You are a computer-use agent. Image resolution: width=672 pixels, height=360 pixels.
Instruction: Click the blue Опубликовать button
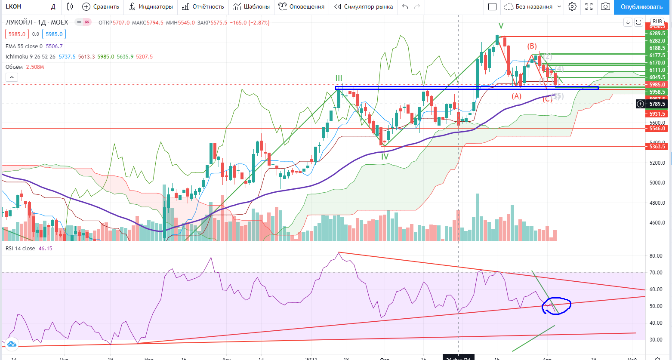click(x=641, y=6)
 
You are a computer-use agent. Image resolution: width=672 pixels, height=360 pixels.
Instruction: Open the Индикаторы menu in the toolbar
click(x=151, y=6)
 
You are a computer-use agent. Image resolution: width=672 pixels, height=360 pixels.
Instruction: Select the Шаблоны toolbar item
click(x=252, y=6)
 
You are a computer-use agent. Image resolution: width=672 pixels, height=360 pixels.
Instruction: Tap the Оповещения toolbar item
click(x=302, y=6)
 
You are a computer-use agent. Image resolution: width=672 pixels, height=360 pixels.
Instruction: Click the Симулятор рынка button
click(x=364, y=6)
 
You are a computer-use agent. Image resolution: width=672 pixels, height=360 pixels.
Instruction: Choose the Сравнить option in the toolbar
click(x=101, y=6)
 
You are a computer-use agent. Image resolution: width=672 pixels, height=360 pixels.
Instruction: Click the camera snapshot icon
click(x=605, y=6)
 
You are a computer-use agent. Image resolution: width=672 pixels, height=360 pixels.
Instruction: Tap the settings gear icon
click(x=572, y=6)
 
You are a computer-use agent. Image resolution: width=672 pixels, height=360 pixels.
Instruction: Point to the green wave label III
click(x=339, y=78)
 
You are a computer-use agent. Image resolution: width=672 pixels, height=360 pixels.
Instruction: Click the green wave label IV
click(x=385, y=157)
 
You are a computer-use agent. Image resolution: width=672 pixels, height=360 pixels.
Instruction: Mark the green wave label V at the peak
click(x=501, y=26)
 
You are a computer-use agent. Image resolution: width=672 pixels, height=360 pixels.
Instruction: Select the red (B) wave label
click(x=532, y=46)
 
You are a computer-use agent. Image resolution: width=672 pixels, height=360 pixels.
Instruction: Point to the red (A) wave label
click(x=516, y=96)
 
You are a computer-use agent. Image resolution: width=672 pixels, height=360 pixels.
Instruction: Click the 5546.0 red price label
click(x=657, y=128)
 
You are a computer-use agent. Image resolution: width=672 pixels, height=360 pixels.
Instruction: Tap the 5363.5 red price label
click(x=657, y=147)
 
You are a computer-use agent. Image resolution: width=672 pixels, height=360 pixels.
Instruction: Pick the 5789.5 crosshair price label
click(x=657, y=104)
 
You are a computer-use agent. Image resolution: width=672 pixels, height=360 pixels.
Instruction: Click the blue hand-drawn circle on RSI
click(x=557, y=306)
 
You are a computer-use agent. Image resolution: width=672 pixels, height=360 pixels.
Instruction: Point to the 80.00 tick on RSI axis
click(x=656, y=256)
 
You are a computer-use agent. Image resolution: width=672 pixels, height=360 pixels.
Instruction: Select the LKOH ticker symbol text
click(x=13, y=6)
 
